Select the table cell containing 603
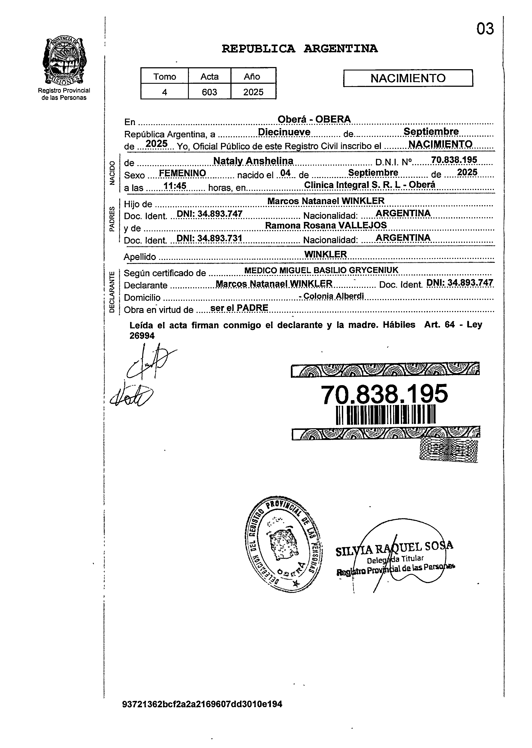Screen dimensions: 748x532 [x=209, y=92]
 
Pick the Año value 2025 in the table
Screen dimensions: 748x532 [x=253, y=92]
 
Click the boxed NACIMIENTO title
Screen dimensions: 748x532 [x=408, y=78]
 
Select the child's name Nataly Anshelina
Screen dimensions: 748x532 [x=253, y=161]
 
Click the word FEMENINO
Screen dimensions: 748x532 [x=182, y=173]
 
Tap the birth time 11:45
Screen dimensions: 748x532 [x=175, y=186]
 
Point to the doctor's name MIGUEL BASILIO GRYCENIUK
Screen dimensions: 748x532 [x=339, y=270]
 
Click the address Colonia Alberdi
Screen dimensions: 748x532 [x=333, y=296]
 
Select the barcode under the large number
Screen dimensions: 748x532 [x=386, y=414]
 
